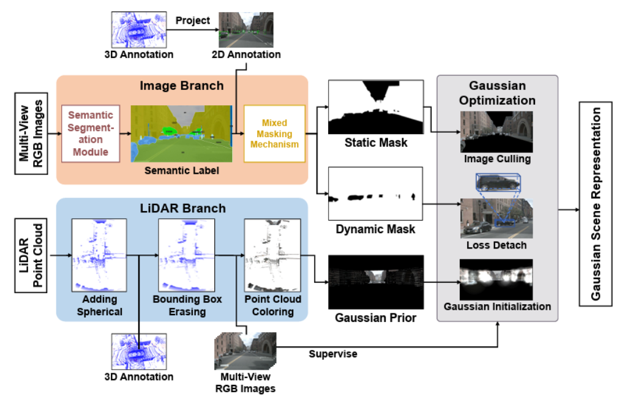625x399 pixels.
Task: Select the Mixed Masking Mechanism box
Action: [x=274, y=133]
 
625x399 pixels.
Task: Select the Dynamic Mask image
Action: [x=375, y=193]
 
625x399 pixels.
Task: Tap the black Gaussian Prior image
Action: [x=375, y=282]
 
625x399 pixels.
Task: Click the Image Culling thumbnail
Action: [x=496, y=132]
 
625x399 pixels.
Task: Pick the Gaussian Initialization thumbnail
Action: [x=496, y=280]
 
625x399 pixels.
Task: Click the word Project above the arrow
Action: [x=193, y=20]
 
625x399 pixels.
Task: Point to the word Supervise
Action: [x=333, y=354]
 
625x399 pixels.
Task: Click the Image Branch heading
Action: [x=181, y=86]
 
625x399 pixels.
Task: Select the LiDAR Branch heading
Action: [x=181, y=208]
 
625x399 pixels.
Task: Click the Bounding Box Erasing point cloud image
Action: [x=185, y=255]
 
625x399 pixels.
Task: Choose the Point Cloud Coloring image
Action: [x=272, y=255]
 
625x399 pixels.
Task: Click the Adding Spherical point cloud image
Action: [x=99, y=255]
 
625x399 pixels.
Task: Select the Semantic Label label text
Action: [x=181, y=171]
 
